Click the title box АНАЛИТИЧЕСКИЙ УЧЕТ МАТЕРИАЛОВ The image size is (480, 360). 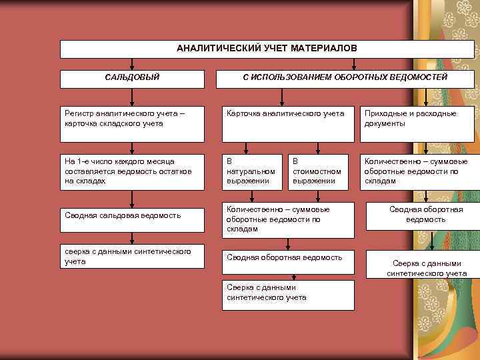coord(267,49)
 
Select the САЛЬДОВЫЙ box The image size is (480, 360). coord(132,79)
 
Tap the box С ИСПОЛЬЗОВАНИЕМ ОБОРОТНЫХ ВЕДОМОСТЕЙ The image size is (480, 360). coord(345,79)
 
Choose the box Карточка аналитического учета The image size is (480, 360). coord(287,123)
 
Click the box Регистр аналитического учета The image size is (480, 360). coord(132,123)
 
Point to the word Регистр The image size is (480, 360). coord(79,114)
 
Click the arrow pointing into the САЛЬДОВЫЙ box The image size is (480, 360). coord(132,65)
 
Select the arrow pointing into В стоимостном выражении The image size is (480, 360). coord(316,148)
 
